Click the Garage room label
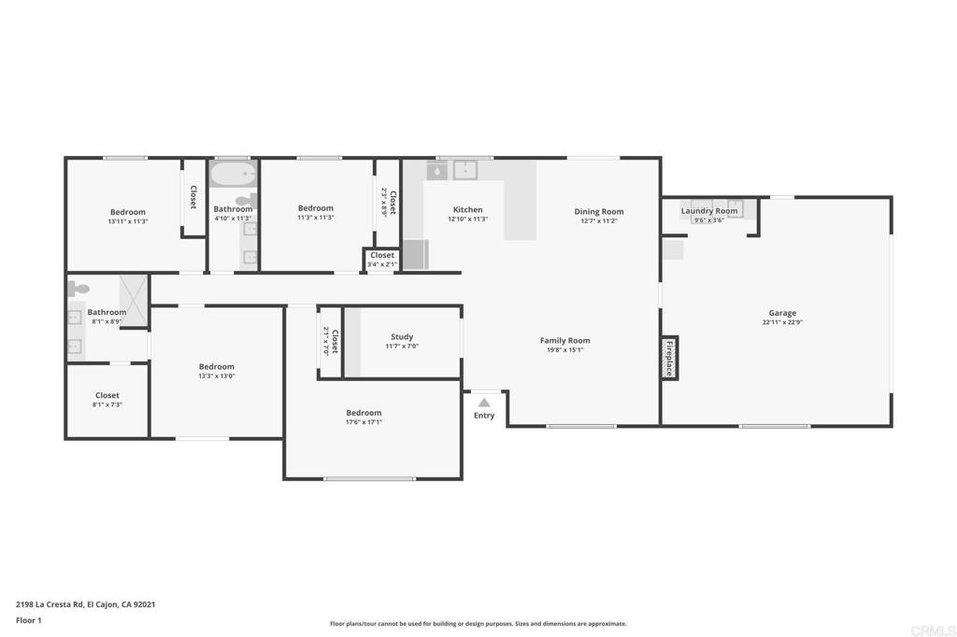782,313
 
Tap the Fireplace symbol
669,358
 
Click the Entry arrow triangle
484,403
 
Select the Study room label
402,337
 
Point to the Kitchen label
467,209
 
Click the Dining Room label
599,212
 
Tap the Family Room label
564,341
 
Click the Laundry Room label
709,211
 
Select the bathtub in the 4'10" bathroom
233,174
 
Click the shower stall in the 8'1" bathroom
134,300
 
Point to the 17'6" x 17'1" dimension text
364,422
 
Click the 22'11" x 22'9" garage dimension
782,322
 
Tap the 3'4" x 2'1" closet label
382,265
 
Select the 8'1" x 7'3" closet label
107,404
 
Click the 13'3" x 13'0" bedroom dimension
216,375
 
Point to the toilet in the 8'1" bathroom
78,288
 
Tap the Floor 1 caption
29,620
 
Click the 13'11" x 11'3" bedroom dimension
128,221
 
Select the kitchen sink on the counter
465,170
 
